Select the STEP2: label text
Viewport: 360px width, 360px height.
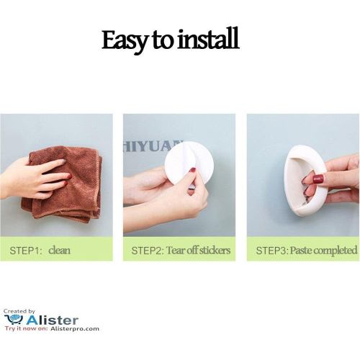pyautogui.click(x=148, y=251)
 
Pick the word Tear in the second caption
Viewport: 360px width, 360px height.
pyautogui.click(x=177, y=251)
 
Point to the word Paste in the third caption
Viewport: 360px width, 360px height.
pyautogui.click(x=302, y=251)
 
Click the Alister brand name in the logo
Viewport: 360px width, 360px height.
pyautogui.click(x=52, y=318)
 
